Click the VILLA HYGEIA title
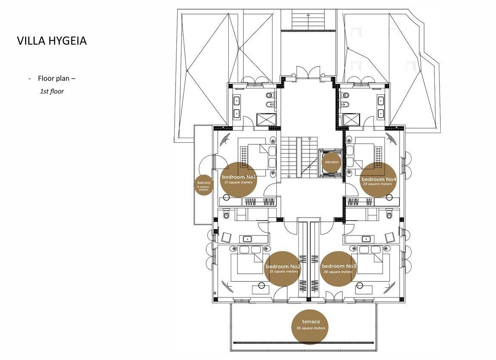point(52,41)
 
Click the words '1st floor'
point(52,91)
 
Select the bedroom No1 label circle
point(238,179)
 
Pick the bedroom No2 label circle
point(283,269)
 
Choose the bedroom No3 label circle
point(338,268)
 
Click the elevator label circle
point(332,162)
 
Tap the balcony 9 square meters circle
point(204,185)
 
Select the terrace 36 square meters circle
point(311,325)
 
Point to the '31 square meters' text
point(238,182)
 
